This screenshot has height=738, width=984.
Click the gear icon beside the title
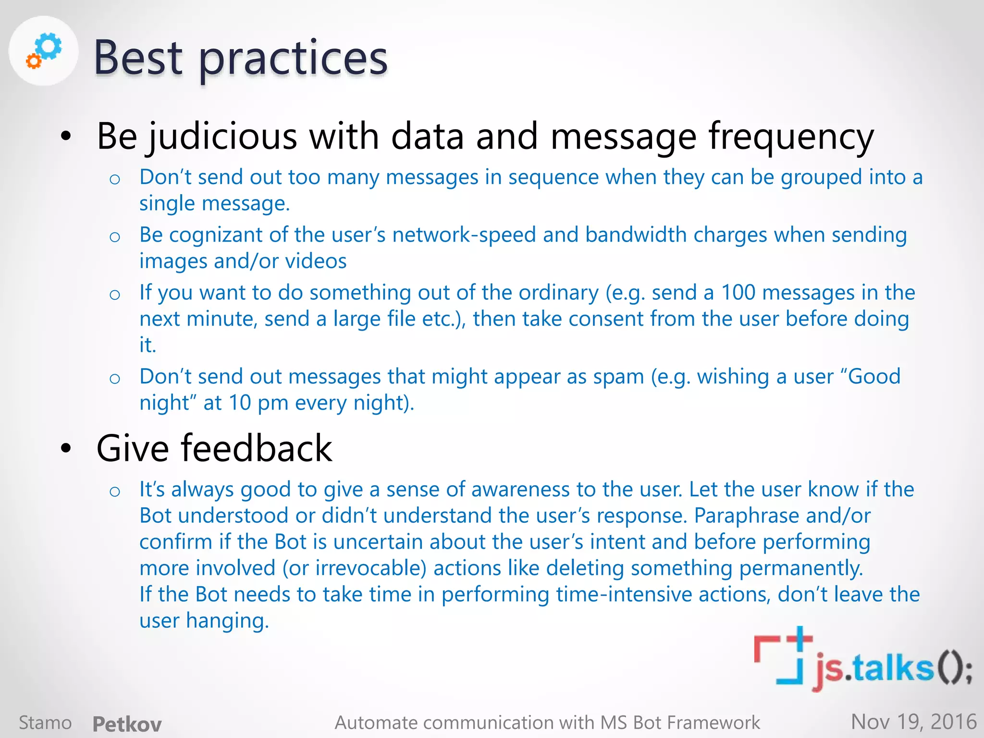(44, 50)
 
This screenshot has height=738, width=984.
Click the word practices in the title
(293, 59)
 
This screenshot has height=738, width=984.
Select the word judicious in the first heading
(222, 136)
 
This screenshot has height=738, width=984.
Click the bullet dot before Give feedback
(66, 448)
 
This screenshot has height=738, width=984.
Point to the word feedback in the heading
(257, 448)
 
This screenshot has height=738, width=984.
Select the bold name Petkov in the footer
(127, 724)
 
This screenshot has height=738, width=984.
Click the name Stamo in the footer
(45, 723)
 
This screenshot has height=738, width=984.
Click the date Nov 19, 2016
(913, 722)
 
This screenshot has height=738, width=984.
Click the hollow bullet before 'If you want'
(114, 295)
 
